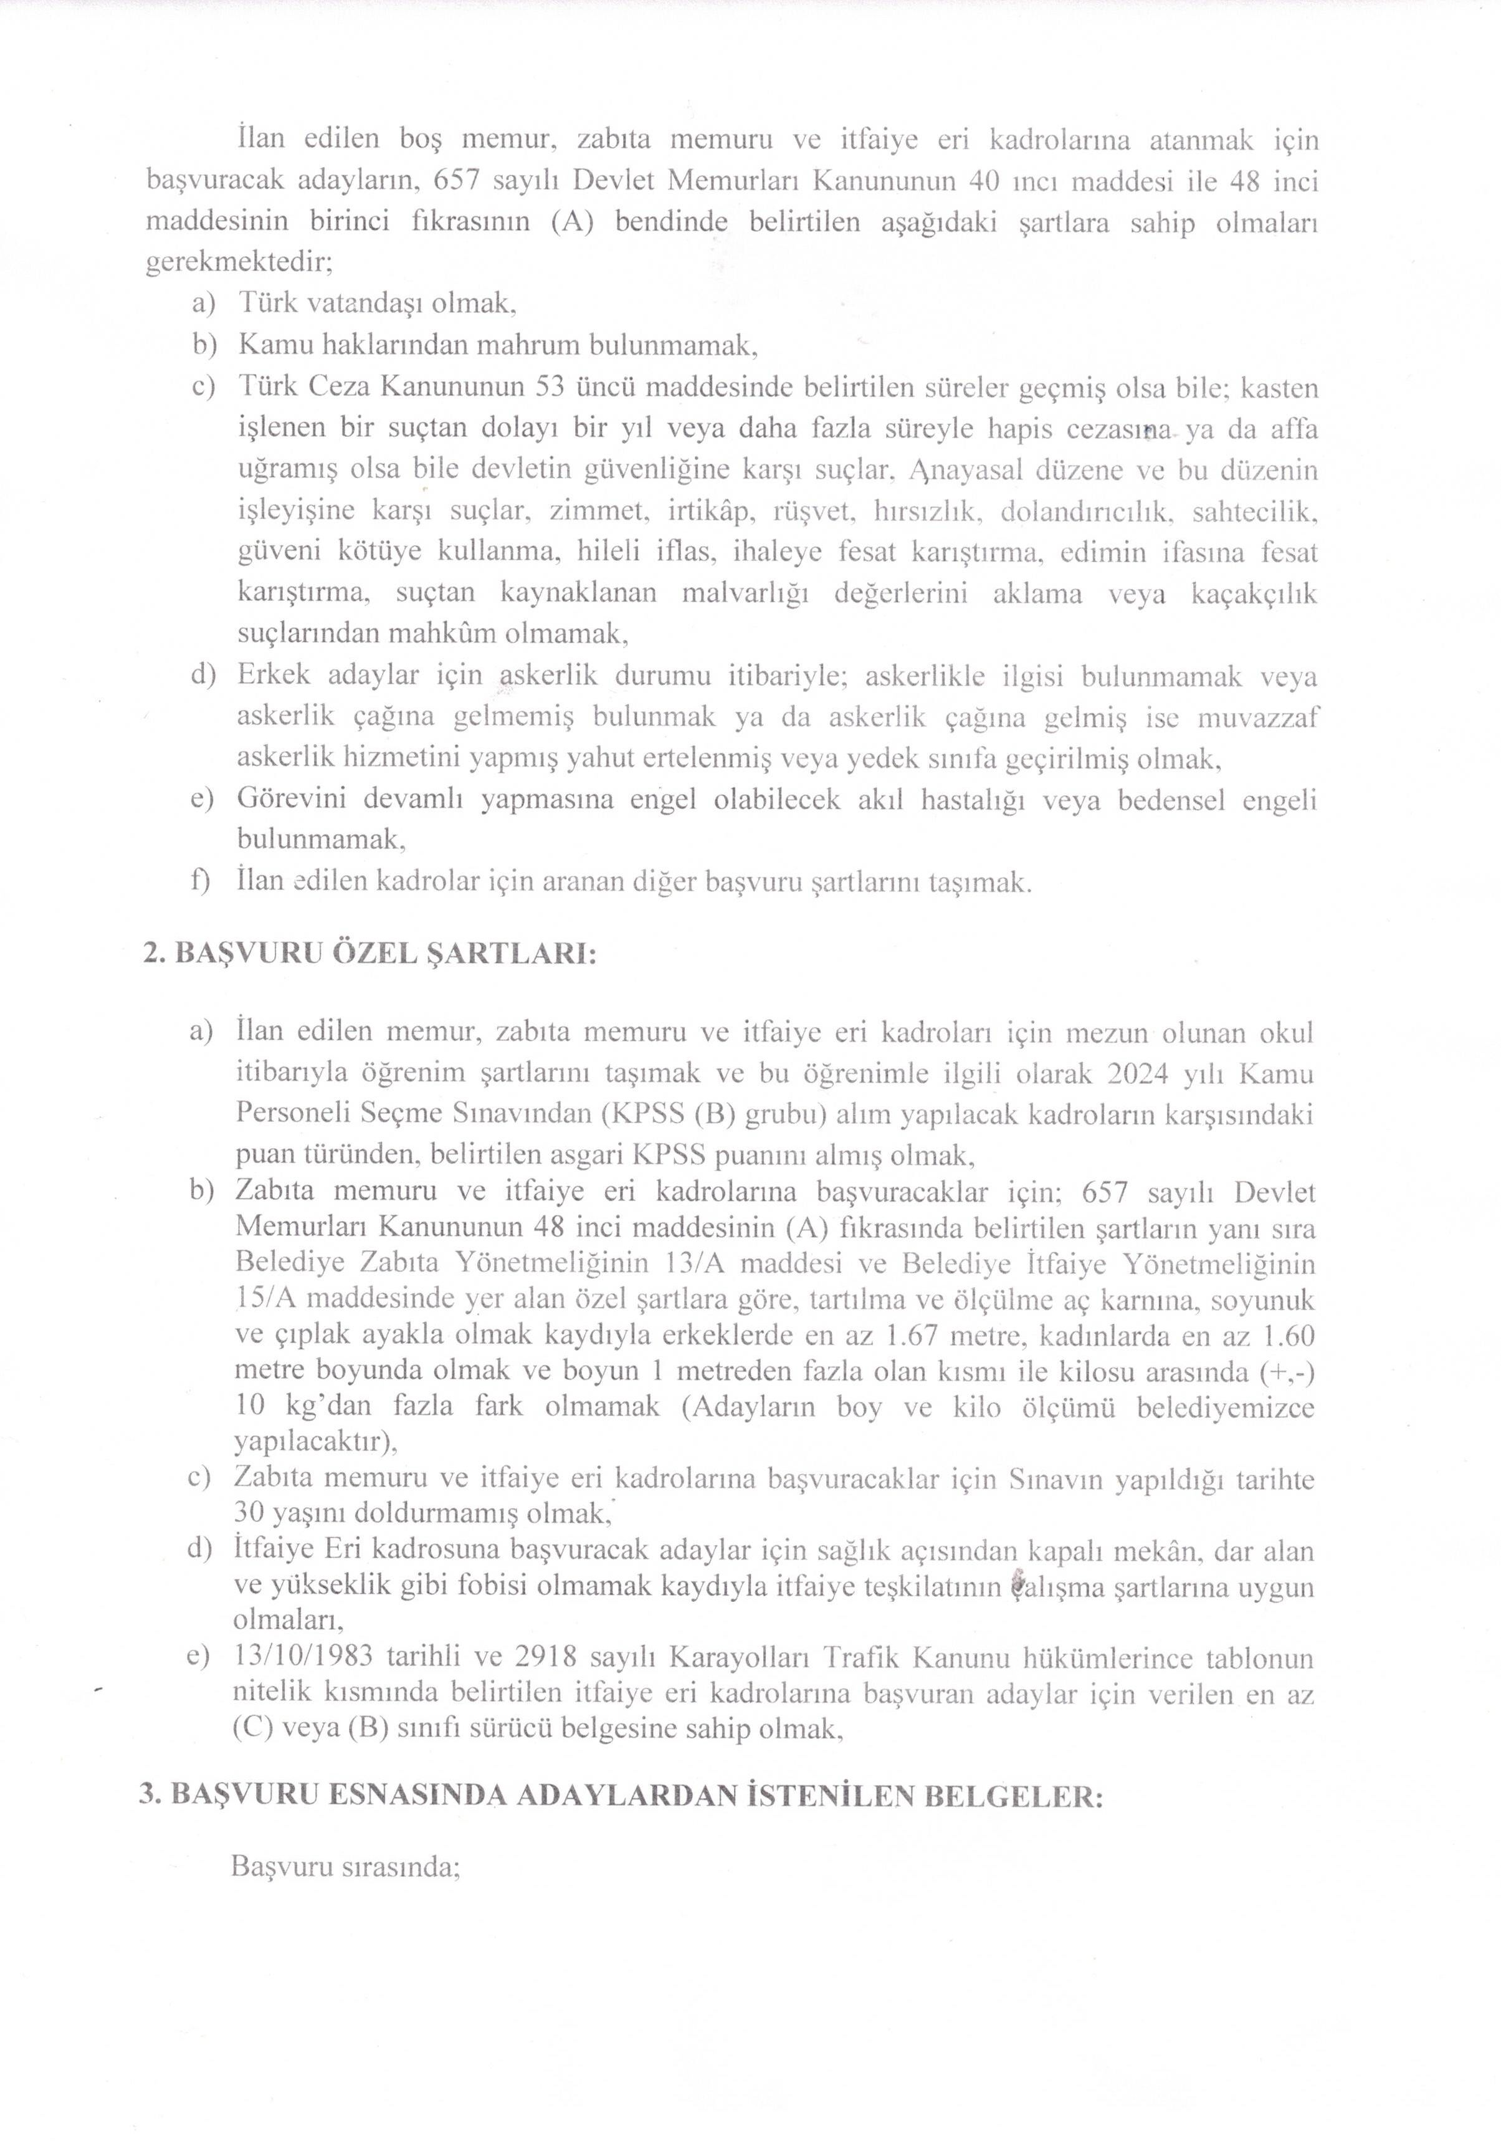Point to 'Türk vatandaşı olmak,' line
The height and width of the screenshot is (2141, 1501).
pos(378,303)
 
